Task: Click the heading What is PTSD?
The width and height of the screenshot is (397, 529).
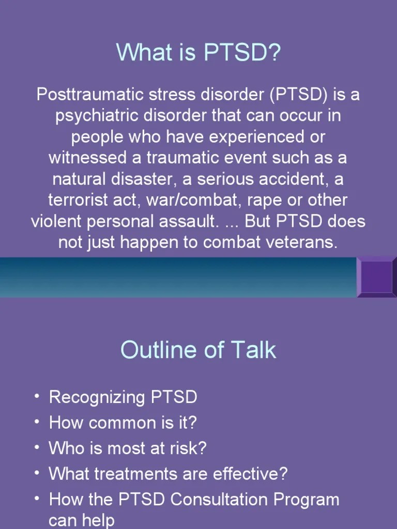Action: (x=198, y=52)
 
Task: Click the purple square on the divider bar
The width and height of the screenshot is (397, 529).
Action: (x=376, y=277)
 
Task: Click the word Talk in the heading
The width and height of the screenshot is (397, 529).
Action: (x=253, y=350)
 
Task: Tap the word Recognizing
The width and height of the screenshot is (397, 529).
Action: (x=97, y=398)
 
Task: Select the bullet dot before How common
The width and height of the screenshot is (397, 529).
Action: (x=36, y=422)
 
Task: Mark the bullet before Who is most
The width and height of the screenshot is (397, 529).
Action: (x=36, y=447)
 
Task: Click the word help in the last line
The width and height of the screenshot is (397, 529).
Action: (x=98, y=521)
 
